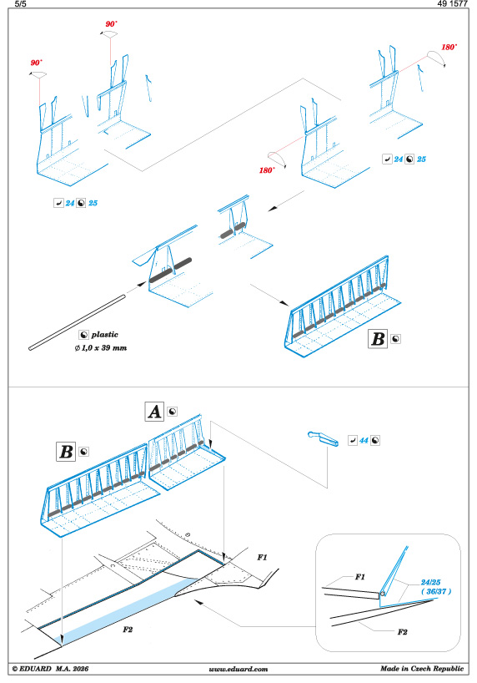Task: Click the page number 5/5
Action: coord(21,4)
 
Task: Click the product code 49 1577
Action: coord(452,4)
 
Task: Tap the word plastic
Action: coord(104,335)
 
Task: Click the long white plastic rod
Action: coord(77,322)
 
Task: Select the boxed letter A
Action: coord(154,412)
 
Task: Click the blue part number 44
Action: coord(364,440)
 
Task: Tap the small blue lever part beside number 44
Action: coord(323,438)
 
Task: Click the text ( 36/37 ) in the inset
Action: coord(435,591)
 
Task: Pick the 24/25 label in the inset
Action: coord(430,582)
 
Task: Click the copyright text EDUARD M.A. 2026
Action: coord(51,669)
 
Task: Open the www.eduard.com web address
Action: coord(238,669)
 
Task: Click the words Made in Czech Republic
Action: coord(422,668)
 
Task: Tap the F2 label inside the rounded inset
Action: coord(402,631)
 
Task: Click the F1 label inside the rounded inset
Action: coord(360,577)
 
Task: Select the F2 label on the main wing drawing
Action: coord(127,630)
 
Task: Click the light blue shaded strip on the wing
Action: coord(126,611)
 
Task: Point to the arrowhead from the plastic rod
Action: coord(142,284)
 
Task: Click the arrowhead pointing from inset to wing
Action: coord(198,602)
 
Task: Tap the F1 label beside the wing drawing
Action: coord(262,557)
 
